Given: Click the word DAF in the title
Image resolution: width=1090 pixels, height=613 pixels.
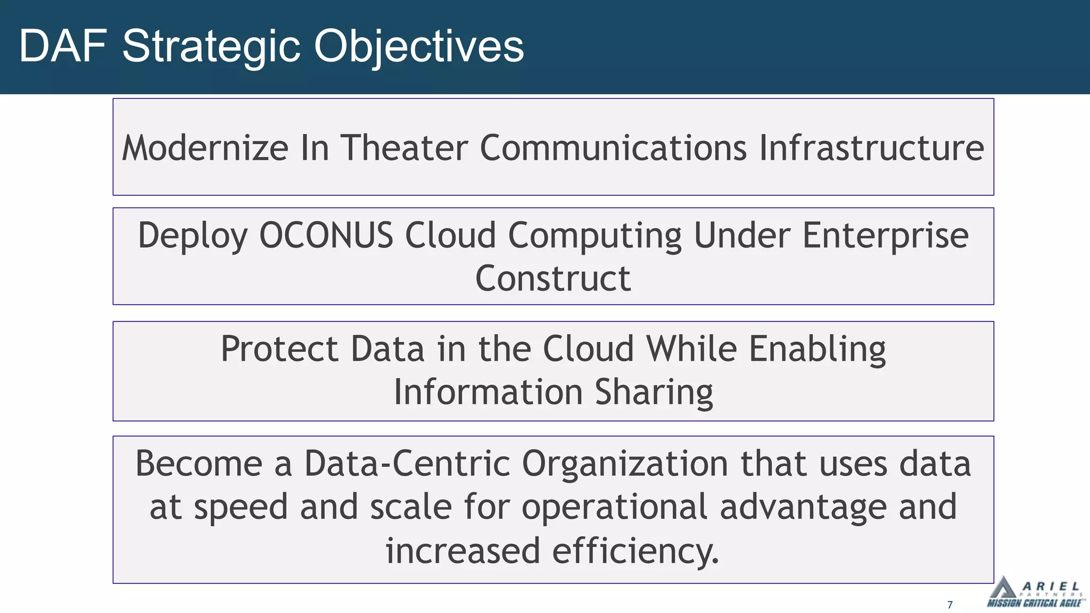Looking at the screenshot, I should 63,47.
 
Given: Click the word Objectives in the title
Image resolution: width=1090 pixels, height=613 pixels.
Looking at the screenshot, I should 418,47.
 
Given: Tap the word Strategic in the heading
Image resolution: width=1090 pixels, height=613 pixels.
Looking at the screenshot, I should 212,47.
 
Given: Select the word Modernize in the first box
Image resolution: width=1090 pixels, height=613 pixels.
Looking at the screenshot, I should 205,148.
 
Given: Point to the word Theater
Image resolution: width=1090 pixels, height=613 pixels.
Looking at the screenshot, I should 404,148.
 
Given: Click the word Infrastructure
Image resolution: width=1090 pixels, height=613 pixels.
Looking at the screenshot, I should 871,148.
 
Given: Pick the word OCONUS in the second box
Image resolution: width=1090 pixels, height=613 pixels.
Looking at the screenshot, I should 326,235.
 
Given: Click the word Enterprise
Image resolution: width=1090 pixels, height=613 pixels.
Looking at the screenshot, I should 885,235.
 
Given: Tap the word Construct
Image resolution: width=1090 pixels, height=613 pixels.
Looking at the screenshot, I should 552,278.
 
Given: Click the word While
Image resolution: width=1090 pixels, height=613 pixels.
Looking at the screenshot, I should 691,349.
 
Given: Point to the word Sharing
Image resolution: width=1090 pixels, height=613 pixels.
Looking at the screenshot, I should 654,392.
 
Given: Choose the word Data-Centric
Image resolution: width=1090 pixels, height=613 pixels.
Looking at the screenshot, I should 407,463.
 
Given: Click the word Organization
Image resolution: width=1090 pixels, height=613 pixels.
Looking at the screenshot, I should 625,463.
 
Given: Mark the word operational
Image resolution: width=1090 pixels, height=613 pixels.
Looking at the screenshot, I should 614,507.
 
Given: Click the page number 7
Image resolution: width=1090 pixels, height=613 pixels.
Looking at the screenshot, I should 950,604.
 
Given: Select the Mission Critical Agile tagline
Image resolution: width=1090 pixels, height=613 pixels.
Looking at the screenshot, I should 1035,603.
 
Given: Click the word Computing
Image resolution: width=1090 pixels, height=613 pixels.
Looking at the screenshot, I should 594,235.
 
